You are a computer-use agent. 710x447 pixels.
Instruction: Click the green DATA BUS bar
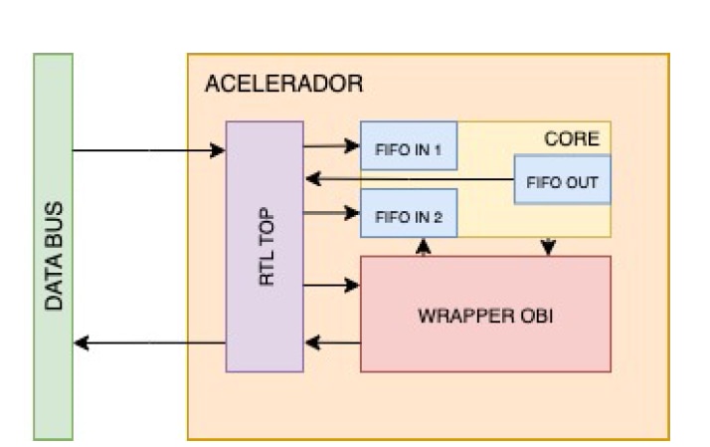[x=54, y=247]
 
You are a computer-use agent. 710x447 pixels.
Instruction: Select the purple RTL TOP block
[x=265, y=247]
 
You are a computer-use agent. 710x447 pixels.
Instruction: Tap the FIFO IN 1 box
[x=409, y=145]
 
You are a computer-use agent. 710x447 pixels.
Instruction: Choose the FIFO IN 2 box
[x=409, y=213]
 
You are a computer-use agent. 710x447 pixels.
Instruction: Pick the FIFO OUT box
[x=563, y=179]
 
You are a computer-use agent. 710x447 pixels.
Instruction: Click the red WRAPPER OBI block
[x=485, y=315]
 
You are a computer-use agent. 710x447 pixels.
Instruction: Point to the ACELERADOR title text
[x=284, y=84]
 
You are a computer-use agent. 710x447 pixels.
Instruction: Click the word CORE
[x=572, y=138]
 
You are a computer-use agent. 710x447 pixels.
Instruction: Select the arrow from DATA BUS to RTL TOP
[x=149, y=150]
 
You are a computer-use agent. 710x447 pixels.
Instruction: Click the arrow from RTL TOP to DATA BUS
[x=149, y=342]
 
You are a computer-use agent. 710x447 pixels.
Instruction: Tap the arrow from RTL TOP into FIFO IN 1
[x=332, y=146]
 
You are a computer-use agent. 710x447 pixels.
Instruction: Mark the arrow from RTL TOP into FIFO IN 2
[x=332, y=213]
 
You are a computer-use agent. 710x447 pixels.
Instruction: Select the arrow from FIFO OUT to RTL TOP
[x=410, y=179]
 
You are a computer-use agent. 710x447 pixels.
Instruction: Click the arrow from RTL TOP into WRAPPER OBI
[x=332, y=285]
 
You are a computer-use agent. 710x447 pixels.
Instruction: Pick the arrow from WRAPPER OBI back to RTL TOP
[x=333, y=342]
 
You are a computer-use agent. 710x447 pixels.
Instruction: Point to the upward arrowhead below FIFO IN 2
[x=424, y=247]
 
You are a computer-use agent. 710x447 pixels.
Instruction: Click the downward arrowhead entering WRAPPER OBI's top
[x=548, y=247]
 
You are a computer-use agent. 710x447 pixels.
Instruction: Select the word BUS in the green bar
[x=54, y=223]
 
